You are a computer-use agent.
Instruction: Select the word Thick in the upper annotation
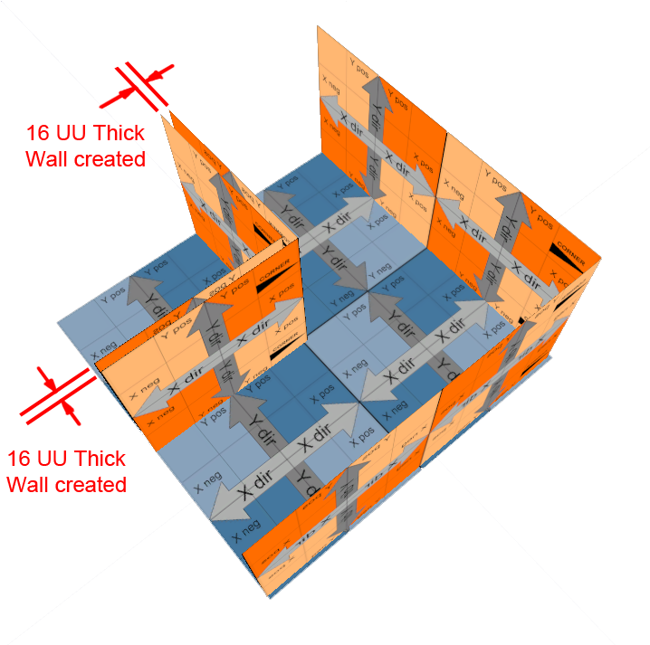point(120,133)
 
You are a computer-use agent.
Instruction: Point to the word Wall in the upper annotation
point(47,159)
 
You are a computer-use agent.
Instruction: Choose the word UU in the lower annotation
point(60,458)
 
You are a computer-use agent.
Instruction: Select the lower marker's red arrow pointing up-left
point(74,413)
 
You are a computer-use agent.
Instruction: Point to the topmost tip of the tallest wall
point(318,27)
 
